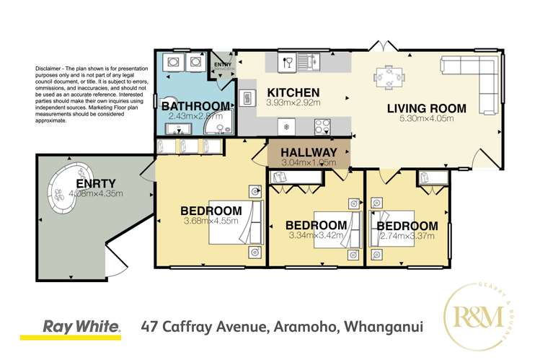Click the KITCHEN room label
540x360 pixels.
pyautogui.click(x=293, y=93)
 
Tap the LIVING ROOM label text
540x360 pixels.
pyautogui.click(x=426, y=110)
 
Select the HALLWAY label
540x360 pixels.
pyautogui.click(x=309, y=152)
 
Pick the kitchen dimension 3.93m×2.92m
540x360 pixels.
pyautogui.click(x=293, y=103)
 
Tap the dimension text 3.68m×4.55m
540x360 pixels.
pyautogui.click(x=208, y=221)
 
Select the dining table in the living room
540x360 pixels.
pyautogui.click(x=388, y=76)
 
